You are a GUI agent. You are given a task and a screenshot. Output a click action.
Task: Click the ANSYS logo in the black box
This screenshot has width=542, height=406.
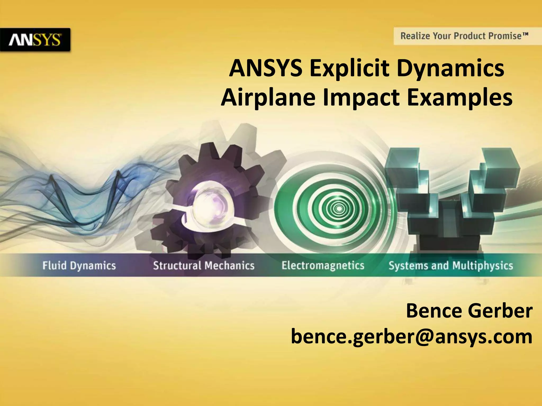pyautogui.click(x=35, y=40)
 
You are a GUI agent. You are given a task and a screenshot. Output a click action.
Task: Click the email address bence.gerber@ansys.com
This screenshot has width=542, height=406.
pyautogui.click(x=412, y=337)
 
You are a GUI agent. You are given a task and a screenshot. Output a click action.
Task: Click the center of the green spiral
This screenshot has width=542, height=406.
pyautogui.click(x=339, y=209)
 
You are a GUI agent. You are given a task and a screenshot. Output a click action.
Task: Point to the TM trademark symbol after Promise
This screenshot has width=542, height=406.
pyautogui.click(x=525, y=34)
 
